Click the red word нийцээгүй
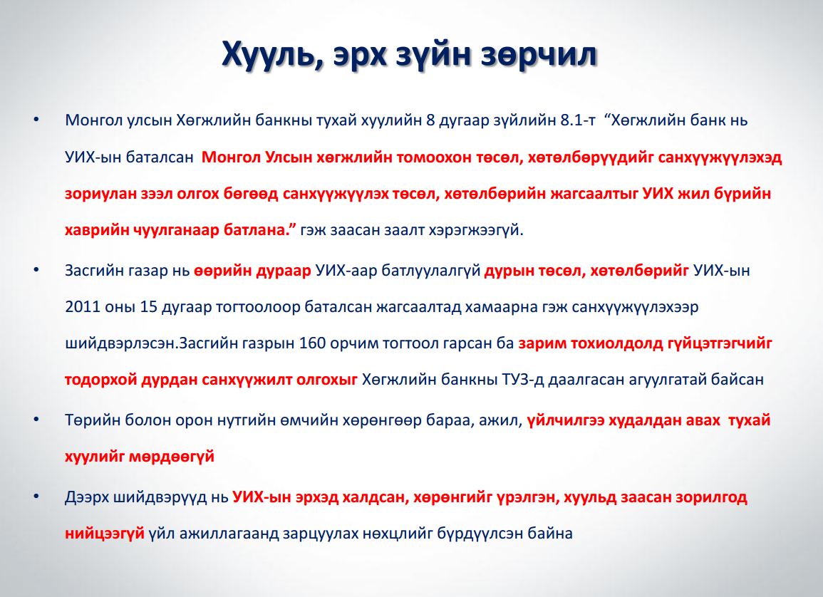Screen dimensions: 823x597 click(x=105, y=534)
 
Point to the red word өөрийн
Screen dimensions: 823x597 click(x=223, y=271)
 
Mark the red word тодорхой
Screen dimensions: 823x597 click(x=100, y=379)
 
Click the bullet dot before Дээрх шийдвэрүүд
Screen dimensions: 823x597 click(x=36, y=497)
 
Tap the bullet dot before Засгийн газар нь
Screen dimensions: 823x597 click(x=36, y=270)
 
